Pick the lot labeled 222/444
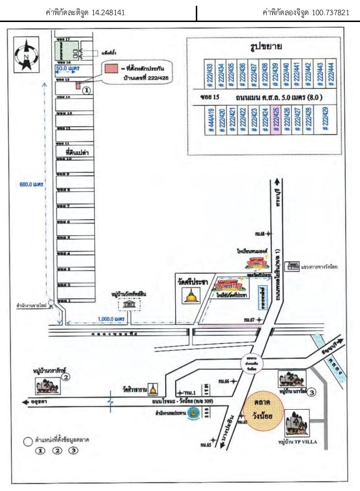[x=329, y=74]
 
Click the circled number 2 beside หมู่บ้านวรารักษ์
[x=67, y=377]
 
